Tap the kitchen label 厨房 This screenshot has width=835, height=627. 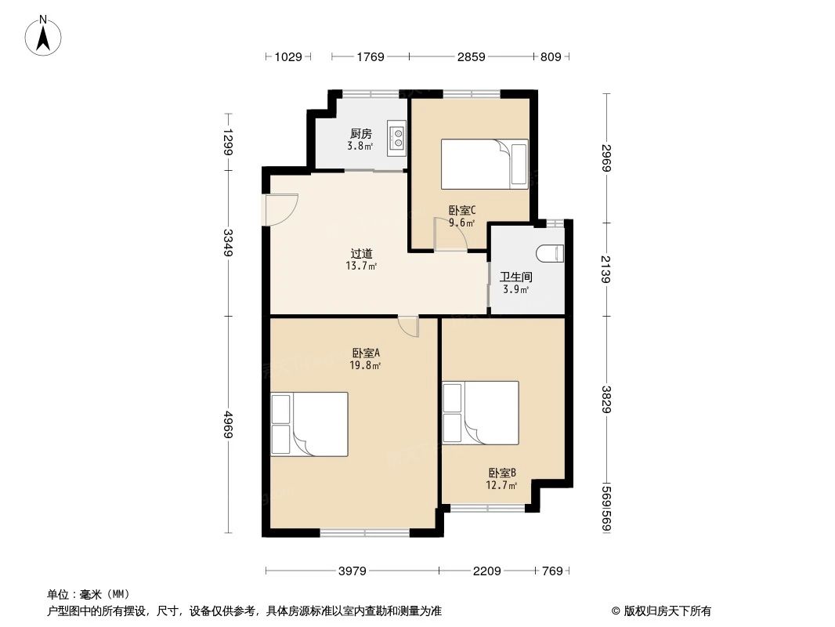(360, 134)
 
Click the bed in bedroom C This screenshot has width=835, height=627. (484, 164)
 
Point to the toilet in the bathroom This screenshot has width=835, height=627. (552, 252)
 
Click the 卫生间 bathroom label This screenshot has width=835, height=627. (515, 277)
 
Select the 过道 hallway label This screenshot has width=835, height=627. (361, 254)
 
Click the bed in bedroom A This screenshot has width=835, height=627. (309, 424)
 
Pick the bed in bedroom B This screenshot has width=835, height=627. (480, 412)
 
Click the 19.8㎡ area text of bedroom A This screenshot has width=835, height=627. (365, 365)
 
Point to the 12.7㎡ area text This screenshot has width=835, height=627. (502, 485)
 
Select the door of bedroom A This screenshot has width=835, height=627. (408, 326)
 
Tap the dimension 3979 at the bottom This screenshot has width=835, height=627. (352, 571)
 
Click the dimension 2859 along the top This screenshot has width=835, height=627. (471, 56)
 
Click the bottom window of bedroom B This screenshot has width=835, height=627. (487, 509)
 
